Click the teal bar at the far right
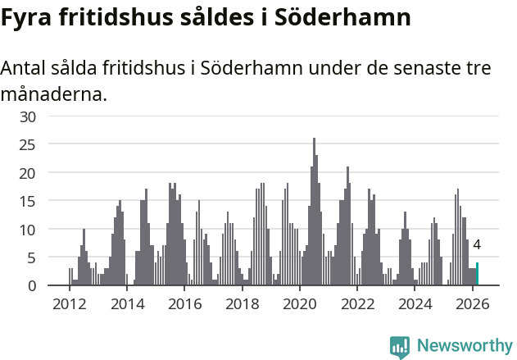(477, 274)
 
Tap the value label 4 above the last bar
(477, 244)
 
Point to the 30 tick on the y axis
(29, 116)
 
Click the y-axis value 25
(29, 145)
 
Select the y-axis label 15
(29, 201)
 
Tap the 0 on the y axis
(32, 285)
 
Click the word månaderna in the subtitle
(53, 94)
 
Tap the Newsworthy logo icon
(400, 347)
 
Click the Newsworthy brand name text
(465, 346)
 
